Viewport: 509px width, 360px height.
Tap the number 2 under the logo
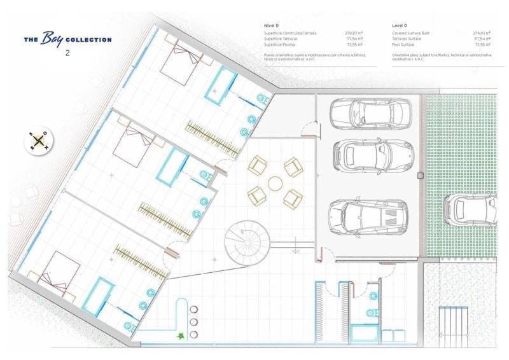pyautogui.click(x=67, y=53)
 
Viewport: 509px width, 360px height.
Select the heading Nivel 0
pyautogui.click(x=272, y=25)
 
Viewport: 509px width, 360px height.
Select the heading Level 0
pyautogui.click(x=400, y=25)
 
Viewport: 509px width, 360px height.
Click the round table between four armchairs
pyautogui.click(x=275, y=183)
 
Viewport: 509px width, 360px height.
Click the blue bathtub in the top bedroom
pyautogui.click(x=220, y=84)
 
